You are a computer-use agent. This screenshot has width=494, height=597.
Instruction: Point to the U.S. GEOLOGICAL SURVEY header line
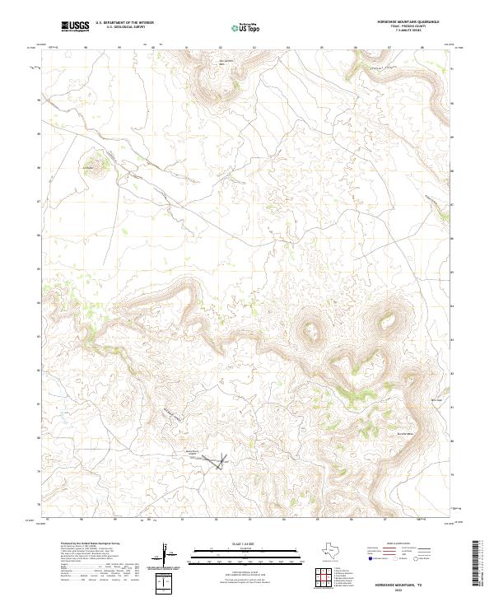(124, 26)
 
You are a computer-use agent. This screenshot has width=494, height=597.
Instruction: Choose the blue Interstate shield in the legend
(370, 558)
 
